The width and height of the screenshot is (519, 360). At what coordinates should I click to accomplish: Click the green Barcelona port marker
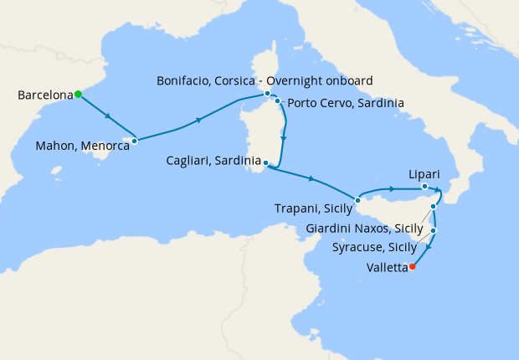(78, 95)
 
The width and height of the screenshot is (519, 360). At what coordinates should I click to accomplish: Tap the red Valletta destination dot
(412, 268)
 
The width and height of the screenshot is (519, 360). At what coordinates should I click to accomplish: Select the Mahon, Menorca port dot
(134, 141)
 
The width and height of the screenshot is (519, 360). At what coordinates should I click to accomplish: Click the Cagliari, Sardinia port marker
(265, 162)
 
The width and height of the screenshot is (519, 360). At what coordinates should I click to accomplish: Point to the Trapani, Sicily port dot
(357, 199)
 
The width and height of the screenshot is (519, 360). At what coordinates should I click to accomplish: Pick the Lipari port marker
(425, 187)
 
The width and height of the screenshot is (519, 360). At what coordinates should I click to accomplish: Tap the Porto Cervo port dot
(277, 101)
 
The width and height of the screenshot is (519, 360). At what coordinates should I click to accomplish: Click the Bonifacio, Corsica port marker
(267, 93)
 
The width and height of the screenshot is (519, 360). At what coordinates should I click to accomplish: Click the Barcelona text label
(44, 95)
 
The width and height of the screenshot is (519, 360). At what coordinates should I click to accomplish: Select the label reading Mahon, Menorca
(82, 146)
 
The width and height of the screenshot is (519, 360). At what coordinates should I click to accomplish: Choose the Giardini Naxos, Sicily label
(364, 228)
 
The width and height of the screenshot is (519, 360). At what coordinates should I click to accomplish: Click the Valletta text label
(387, 269)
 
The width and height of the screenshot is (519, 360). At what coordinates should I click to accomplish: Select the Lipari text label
(424, 173)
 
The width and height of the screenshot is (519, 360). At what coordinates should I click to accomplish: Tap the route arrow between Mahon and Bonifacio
(199, 121)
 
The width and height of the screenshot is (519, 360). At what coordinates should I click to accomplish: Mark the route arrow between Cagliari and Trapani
(311, 178)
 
